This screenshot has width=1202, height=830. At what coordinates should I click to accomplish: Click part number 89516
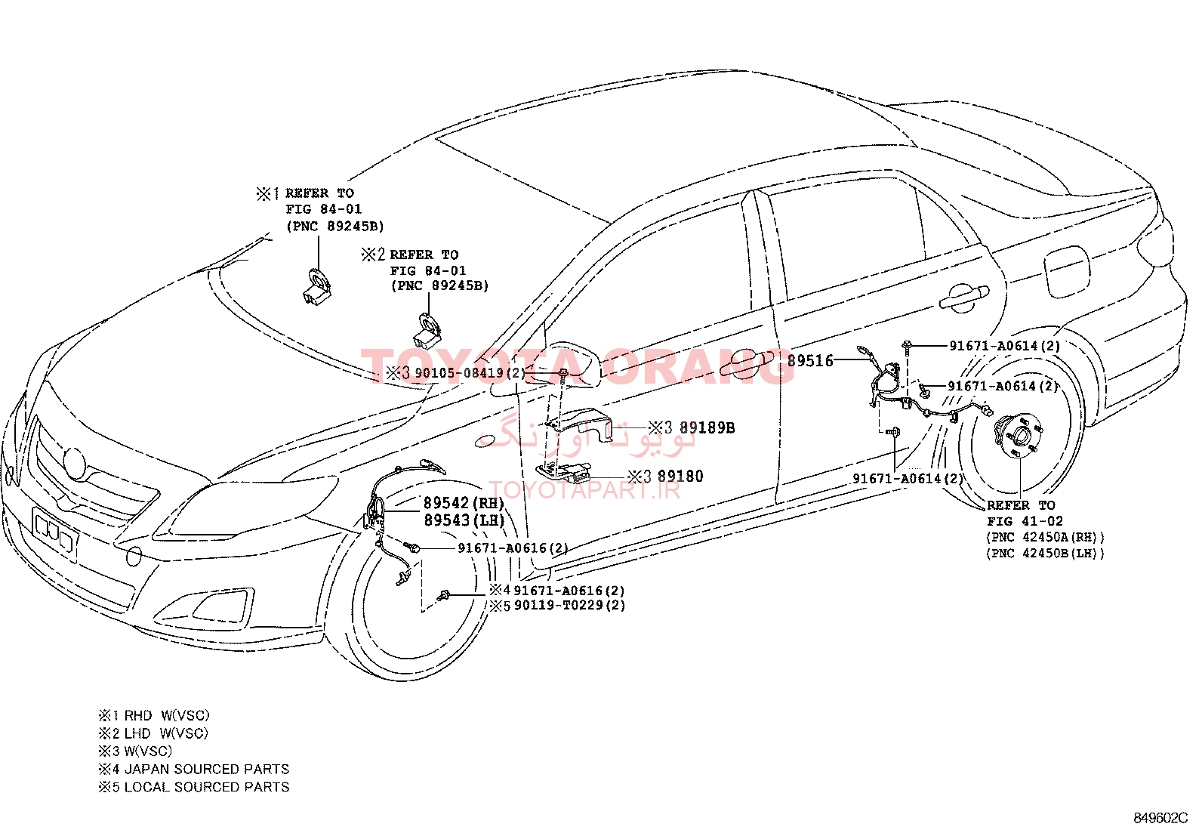[x=810, y=361]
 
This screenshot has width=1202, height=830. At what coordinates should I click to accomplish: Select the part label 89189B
[x=707, y=428]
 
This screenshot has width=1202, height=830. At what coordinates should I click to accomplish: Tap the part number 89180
[x=680, y=477]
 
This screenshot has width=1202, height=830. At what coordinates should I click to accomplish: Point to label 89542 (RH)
[x=464, y=503]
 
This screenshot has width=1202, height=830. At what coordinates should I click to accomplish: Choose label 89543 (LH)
[x=464, y=520]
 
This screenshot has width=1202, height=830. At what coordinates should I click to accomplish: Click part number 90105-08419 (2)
[x=470, y=372]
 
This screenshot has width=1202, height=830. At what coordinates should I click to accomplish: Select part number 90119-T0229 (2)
[x=569, y=606]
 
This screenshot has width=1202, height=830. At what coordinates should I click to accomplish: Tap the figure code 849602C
[x=1160, y=818]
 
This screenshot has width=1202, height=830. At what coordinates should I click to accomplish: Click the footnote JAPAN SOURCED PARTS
[x=207, y=770]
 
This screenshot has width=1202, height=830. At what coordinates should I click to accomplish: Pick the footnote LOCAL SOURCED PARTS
[x=207, y=787]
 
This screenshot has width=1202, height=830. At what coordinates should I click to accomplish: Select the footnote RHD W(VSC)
[x=167, y=716]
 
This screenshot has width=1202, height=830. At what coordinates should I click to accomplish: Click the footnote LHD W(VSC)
[x=166, y=733]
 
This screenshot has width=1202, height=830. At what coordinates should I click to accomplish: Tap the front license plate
[x=56, y=532]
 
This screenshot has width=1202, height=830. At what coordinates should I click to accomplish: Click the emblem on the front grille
[x=73, y=464]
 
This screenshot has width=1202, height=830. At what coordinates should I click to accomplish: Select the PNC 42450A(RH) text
[x=1045, y=537]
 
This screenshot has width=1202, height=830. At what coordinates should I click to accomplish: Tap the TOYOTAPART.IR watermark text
[x=585, y=490]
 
